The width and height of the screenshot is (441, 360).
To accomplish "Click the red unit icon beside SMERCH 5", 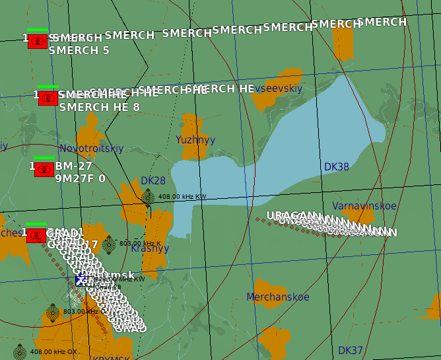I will click(38, 41).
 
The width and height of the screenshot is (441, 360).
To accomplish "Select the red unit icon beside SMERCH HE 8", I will click(48, 98).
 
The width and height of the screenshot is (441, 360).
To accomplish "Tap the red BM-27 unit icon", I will click(44, 169).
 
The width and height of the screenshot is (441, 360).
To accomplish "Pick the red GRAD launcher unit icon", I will click(36, 235).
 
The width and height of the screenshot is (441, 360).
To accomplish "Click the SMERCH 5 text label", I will click(79, 50).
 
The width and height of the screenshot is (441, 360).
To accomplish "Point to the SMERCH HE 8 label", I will click(100, 107).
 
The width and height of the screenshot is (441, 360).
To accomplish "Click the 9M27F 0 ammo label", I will click(80, 179).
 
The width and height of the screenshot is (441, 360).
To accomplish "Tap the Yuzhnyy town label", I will click(195, 140).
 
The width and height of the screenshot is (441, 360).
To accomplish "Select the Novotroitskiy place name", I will click(91, 149).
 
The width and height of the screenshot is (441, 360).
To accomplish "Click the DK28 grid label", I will click(153, 181).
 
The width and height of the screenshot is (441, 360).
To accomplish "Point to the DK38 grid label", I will click(337, 167).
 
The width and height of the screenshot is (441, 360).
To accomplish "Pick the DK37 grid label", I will click(351, 350).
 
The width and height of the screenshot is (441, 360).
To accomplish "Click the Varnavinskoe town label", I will click(364, 206).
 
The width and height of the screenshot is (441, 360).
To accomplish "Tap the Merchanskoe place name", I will click(278, 297).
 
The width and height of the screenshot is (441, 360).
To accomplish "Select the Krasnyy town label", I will click(150, 249).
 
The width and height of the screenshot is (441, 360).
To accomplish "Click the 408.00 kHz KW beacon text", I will click(182, 197).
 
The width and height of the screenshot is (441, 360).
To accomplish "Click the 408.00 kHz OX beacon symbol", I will click(19, 351).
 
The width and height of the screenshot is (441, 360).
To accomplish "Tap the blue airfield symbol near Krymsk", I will click(81, 280).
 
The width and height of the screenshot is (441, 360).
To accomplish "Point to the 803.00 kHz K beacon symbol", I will click(109, 244).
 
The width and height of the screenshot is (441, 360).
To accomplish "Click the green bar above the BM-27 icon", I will click(44, 159).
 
